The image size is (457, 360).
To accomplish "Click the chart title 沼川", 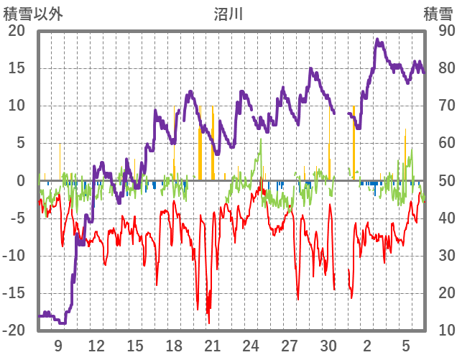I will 228,13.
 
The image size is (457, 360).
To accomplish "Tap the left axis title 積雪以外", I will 33,13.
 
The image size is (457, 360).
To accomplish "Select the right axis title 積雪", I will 438,13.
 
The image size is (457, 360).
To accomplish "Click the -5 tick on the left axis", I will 19,218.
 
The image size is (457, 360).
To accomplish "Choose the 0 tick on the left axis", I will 22,180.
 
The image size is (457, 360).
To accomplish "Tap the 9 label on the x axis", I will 58,345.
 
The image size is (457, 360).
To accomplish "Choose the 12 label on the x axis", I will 96,345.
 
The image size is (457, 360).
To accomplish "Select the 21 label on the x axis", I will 212,345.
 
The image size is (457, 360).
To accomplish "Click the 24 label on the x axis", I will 251,345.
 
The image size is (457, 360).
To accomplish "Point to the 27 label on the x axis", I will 290,345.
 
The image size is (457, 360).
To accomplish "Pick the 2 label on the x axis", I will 367,345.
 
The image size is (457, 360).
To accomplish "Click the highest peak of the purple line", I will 377,40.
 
